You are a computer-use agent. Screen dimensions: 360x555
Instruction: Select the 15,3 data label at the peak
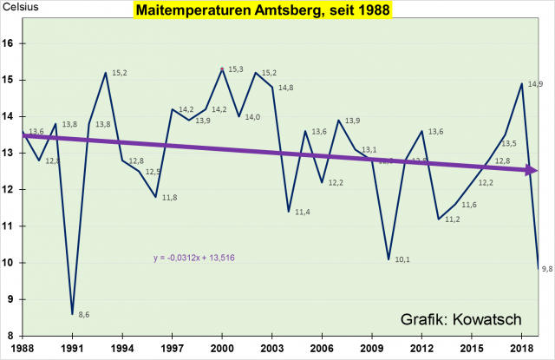click(x=236, y=68)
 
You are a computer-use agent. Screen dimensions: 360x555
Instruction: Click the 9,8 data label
click(x=547, y=270)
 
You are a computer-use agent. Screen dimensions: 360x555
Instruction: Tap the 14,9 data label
click(x=535, y=84)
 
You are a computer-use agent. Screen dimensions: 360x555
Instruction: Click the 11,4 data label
click(x=304, y=212)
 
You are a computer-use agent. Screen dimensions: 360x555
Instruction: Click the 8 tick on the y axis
click(x=11, y=336)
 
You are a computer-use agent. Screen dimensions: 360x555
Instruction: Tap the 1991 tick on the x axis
click(x=72, y=347)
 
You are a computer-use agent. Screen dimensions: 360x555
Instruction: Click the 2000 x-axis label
click(x=222, y=347)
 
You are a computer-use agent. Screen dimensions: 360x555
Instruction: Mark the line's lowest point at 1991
click(x=72, y=314)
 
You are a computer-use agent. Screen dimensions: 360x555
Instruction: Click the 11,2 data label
click(x=452, y=219)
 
